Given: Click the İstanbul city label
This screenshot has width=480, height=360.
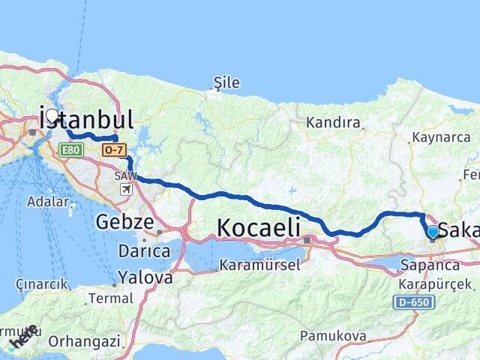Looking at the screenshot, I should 86,120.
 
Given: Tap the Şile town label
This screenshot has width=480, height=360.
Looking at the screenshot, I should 226,83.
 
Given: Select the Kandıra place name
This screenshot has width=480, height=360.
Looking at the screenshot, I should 333,122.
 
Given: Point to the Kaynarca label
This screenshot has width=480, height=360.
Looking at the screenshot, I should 441,138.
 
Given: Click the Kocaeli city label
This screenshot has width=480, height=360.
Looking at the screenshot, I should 259,226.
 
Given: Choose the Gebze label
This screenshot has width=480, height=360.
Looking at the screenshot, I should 124,222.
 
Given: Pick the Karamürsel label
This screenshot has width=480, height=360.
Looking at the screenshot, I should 260,265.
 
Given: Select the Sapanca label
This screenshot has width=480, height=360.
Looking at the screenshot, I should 430,265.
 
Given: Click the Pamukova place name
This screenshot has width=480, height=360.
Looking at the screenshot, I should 330,334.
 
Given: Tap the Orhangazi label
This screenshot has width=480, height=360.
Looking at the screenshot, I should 84,341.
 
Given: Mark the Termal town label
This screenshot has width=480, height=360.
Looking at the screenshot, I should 110,298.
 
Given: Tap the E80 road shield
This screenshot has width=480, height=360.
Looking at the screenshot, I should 72,150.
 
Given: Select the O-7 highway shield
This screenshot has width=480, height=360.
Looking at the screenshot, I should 115,150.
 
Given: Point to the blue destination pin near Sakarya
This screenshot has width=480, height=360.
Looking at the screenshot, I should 433,232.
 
